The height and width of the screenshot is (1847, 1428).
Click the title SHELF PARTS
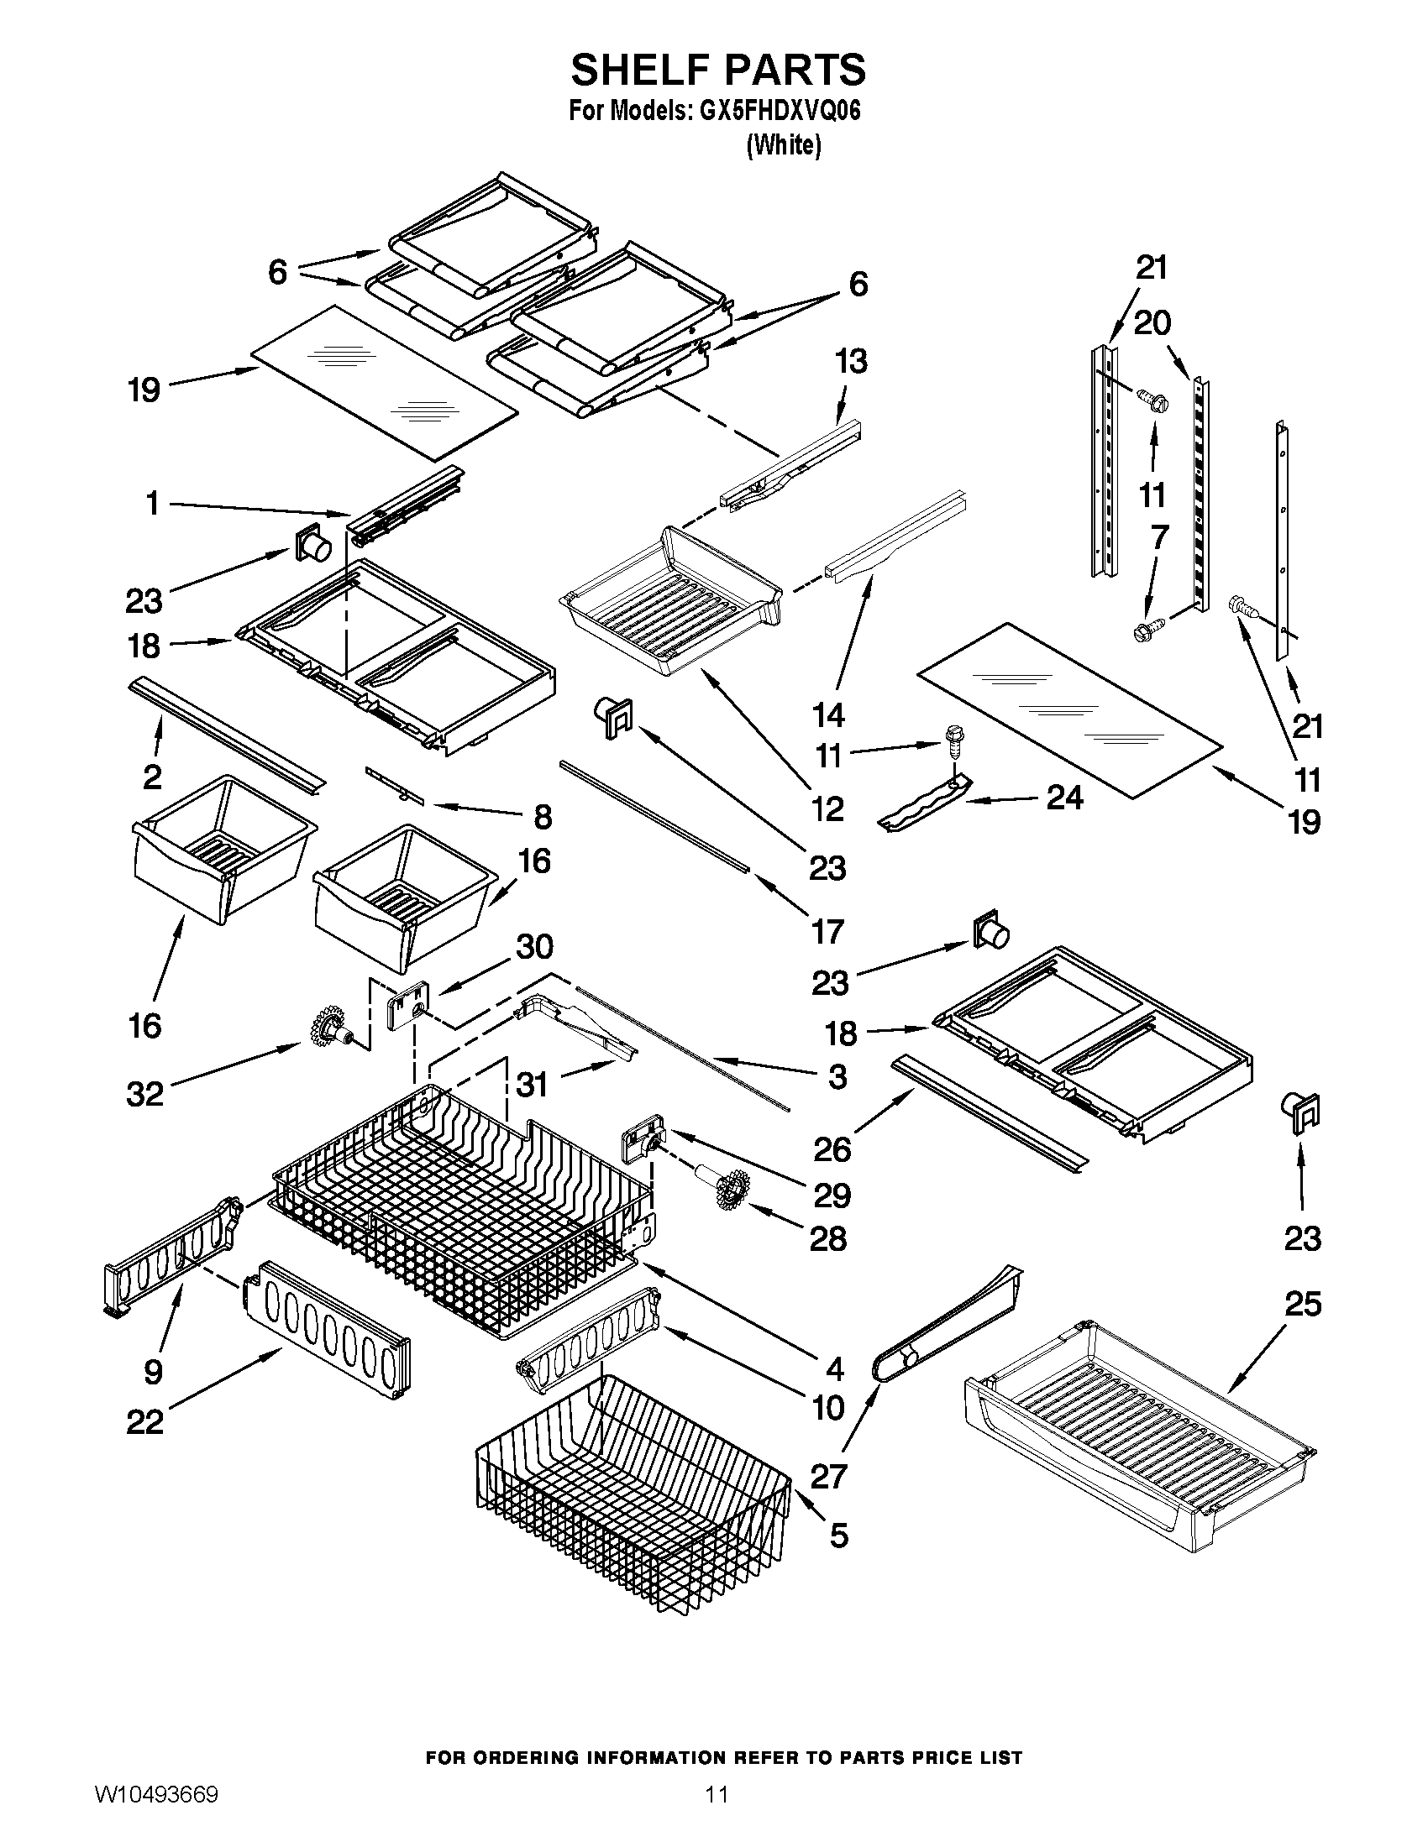[717, 70]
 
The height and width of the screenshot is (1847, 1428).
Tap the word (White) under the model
[783, 145]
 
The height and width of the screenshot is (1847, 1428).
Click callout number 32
[144, 1094]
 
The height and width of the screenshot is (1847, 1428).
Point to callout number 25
[1303, 1304]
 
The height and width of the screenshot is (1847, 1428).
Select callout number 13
[851, 362]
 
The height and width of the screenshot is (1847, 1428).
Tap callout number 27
[828, 1476]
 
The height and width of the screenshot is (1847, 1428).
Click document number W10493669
[155, 1812]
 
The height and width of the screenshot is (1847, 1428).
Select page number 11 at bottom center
[717, 1812]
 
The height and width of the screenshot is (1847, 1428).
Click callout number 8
[543, 817]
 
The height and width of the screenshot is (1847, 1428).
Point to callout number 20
[1152, 322]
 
